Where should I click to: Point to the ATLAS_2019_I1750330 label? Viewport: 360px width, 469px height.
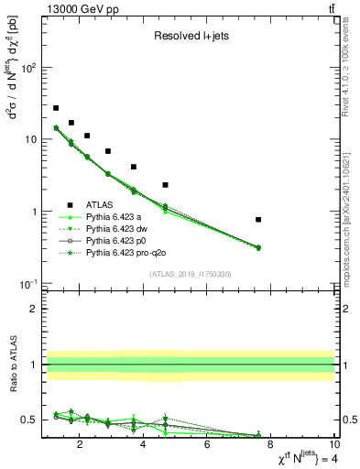(190, 274)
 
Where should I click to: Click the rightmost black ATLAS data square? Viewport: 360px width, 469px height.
(258, 220)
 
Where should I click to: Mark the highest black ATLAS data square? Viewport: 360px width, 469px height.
(56, 108)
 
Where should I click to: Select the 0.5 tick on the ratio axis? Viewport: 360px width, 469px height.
(31, 420)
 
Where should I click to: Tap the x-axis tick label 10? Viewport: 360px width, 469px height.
(333, 446)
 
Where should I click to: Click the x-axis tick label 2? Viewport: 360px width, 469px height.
(81, 446)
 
